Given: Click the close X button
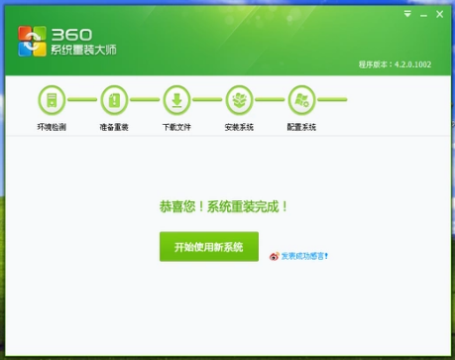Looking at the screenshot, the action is click(x=437, y=15).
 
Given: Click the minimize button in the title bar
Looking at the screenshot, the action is click(x=422, y=15).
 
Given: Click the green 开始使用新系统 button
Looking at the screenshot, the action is click(x=208, y=246).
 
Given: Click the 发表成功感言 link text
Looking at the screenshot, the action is click(x=303, y=256).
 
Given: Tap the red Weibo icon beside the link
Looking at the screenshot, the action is click(x=275, y=256).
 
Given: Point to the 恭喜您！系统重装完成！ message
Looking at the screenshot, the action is click(x=224, y=207).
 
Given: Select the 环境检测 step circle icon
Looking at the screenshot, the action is click(x=52, y=100).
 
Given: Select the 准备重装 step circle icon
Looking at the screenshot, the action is click(x=114, y=100).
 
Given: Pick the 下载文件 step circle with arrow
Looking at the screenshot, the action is click(x=176, y=100).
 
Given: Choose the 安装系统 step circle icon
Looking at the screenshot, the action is click(x=239, y=100).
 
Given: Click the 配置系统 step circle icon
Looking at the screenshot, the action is click(x=301, y=100).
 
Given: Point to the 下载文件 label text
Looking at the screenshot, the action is click(x=176, y=127).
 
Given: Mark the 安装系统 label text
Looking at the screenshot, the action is click(x=239, y=127).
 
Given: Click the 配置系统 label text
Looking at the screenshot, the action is click(x=301, y=127).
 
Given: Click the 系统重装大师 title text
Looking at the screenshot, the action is click(x=81, y=51).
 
